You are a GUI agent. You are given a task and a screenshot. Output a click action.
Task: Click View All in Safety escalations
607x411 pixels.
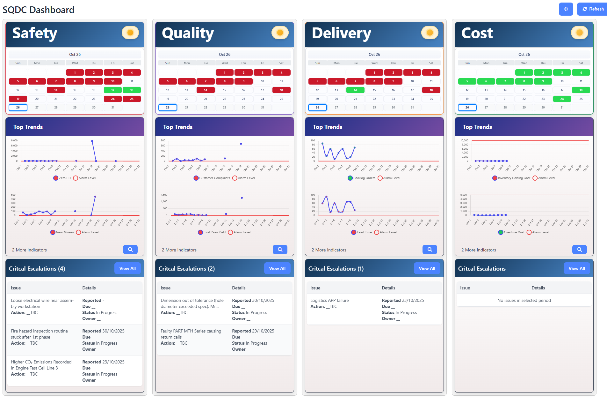tap(127, 268)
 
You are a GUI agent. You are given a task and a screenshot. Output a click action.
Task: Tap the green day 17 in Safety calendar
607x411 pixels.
tap(113, 90)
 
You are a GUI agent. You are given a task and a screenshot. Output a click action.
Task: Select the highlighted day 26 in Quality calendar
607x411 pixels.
tap(168, 108)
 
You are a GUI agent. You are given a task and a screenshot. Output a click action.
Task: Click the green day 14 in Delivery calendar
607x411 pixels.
tap(355, 90)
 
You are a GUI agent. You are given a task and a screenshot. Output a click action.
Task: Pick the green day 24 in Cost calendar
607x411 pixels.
tap(562, 99)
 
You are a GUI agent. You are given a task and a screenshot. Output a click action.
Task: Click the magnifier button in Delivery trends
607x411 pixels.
tap(430, 250)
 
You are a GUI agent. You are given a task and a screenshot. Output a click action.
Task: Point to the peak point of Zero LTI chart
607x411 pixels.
tap(92, 141)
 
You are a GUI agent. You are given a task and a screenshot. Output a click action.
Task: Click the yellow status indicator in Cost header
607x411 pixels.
tap(579, 33)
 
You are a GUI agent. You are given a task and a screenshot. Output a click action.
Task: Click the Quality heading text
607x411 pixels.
tap(188, 33)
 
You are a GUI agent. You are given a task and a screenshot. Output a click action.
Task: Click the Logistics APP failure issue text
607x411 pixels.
tap(329, 300)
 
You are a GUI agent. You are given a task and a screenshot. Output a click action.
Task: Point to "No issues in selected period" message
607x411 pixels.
tap(524, 300)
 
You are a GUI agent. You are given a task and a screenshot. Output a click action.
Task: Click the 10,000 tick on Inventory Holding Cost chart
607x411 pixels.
tap(464, 141)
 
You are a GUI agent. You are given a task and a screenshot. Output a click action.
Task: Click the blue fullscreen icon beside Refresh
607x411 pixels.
tap(566, 9)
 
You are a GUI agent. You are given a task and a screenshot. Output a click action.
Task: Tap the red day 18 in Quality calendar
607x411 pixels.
tap(281, 90)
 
